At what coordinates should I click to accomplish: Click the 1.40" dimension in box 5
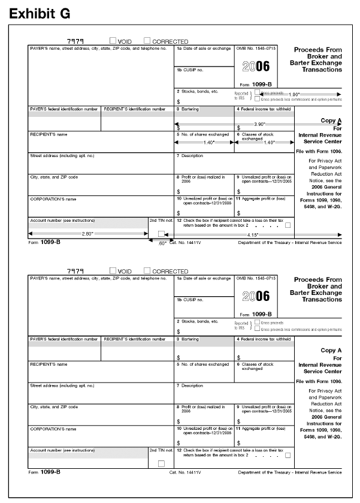tap(204, 143)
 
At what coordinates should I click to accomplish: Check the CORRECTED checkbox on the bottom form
tap(147, 271)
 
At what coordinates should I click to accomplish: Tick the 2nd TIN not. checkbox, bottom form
tap(161, 463)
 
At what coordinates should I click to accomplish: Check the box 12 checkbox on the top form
tap(289, 224)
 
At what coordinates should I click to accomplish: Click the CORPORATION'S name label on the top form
tap(53, 198)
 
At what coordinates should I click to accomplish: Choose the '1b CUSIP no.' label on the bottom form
tap(190, 299)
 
